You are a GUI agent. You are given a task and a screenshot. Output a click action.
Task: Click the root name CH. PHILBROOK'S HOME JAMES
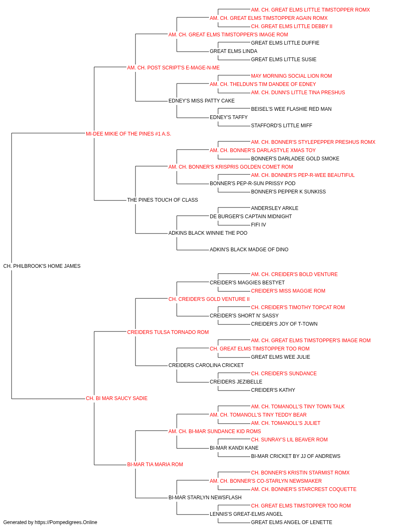(42, 266)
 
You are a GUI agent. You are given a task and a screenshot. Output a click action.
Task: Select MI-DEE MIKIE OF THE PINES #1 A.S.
(128, 134)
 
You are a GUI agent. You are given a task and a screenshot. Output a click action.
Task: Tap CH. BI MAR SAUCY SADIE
(116, 398)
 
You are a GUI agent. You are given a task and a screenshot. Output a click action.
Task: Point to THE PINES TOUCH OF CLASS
(162, 200)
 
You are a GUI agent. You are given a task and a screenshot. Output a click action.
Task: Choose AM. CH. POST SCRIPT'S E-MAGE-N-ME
(173, 68)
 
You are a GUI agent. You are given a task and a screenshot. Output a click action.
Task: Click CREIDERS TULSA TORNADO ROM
(168, 332)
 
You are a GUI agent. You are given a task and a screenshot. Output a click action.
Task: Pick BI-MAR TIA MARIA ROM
(155, 464)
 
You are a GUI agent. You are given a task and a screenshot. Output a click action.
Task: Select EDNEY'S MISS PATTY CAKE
(202, 101)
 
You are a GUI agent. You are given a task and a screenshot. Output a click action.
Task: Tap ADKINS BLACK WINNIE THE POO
(208, 233)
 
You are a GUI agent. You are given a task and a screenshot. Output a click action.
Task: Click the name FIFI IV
(258, 225)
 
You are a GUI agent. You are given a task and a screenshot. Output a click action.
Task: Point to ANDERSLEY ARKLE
(275, 208)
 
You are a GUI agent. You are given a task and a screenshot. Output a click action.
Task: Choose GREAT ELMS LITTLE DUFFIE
(285, 43)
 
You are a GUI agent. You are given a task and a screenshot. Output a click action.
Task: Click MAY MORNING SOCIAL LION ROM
(292, 76)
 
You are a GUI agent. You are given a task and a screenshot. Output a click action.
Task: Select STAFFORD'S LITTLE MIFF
(281, 126)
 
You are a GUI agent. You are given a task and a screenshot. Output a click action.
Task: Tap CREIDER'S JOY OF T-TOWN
(284, 324)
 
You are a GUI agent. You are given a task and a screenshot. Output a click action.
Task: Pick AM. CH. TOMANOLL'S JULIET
(285, 423)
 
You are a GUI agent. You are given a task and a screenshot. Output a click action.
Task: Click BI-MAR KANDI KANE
(234, 448)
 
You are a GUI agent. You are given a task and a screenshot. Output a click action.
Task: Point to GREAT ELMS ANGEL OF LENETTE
(292, 522)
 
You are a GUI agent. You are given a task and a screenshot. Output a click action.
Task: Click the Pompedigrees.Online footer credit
(50, 522)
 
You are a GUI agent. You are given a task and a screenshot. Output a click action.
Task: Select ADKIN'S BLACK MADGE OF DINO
(249, 250)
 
